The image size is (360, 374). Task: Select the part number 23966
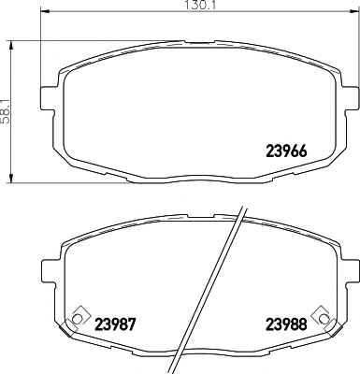tap(286, 151)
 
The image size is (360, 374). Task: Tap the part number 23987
tap(115, 324)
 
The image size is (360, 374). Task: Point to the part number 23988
tap(286, 324)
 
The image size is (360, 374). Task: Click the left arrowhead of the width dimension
tap(46, 11)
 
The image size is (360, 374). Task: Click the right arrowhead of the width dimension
tap(353, 11)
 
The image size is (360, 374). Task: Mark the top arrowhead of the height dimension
tap(11, 45)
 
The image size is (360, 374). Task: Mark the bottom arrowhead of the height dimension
tap(11, 179)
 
